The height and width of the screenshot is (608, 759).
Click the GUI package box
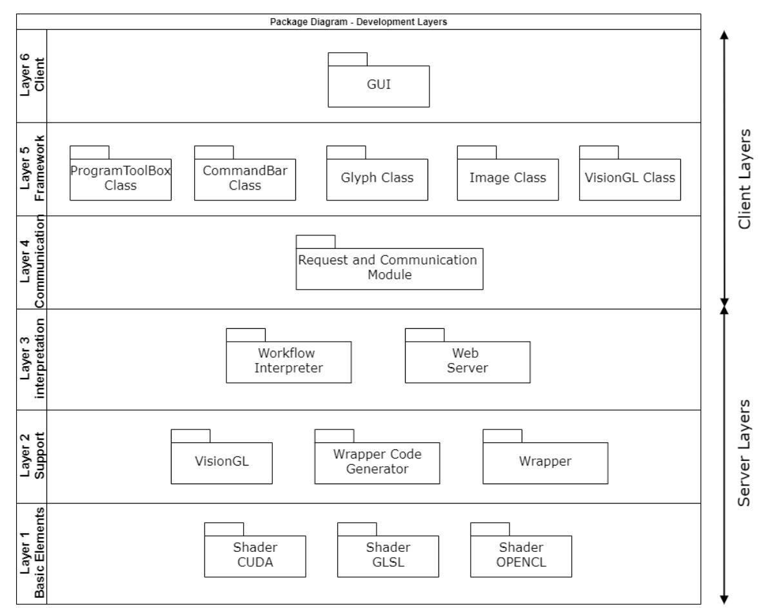tap(379, 86)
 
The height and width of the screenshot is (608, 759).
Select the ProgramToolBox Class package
tap(121, 178)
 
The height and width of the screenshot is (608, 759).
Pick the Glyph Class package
tap(377, 178)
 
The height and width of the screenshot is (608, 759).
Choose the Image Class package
tap(508, 178)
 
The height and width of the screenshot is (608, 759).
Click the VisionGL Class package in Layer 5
tap(630, 178)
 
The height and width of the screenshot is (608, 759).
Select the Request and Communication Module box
tap(389, 268)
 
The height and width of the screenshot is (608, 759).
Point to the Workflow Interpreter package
tap(289, 361)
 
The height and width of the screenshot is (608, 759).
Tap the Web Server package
tap(468, 361)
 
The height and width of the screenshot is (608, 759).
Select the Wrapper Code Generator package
tap(377, 462)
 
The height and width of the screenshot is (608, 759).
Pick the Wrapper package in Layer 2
tap(545, 462)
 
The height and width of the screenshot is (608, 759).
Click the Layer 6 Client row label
tap(30, 75)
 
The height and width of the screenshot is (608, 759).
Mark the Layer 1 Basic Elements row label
tap(30, 553)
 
